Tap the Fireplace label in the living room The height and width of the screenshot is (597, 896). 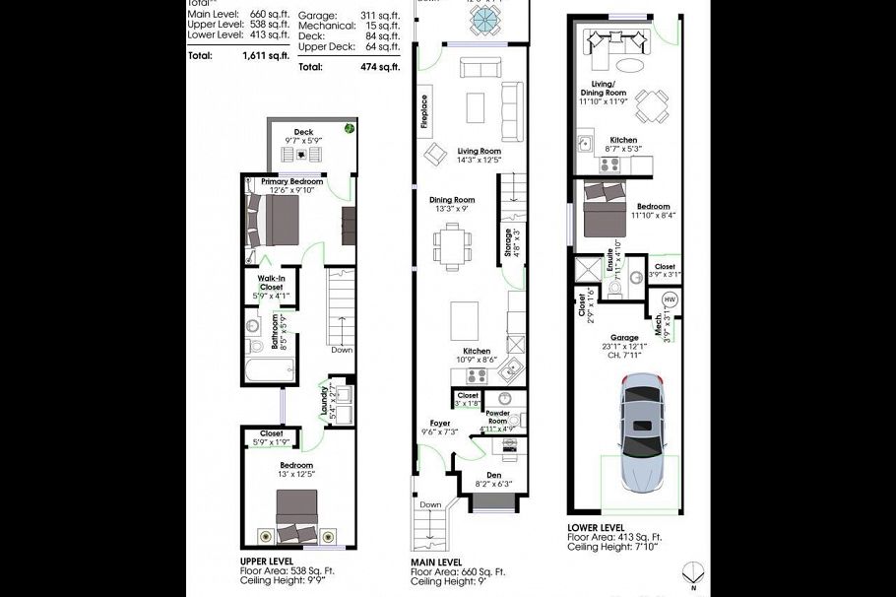[x=424, y=111]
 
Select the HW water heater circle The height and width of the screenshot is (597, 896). [x=670, y=298]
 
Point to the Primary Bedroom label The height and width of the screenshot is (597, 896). [x=291, y=182]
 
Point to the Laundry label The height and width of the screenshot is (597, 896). [x=323, y=403]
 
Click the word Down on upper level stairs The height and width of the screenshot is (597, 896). [x=342, y=349]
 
